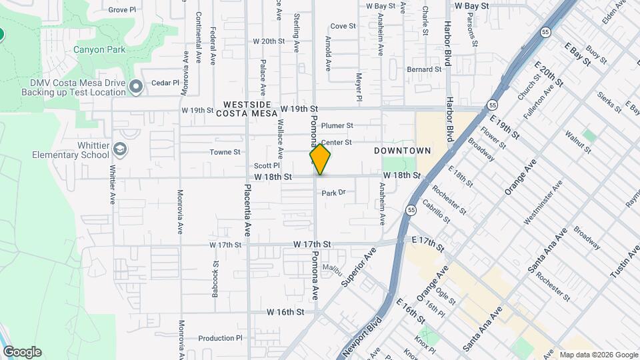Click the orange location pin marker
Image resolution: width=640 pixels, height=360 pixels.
pos(320,160)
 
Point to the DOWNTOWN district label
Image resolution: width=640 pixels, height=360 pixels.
pos(402,151)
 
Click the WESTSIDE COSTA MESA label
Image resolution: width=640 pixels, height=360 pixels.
pos(247,109)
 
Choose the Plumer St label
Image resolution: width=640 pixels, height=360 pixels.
pos(337,125)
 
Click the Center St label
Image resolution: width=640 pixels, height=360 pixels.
pos(336,143)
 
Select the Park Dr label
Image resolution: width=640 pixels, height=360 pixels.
pos(335,193)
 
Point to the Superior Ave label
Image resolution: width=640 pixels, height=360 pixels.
pos(359,267)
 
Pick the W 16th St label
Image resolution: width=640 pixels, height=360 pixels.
pos(285,311)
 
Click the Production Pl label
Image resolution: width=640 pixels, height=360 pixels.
pos(220,338)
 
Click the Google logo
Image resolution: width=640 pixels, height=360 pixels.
pos(22,352)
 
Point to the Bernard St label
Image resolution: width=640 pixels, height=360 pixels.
pos(425,69)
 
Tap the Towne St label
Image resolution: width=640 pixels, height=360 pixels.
pos(225,152)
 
